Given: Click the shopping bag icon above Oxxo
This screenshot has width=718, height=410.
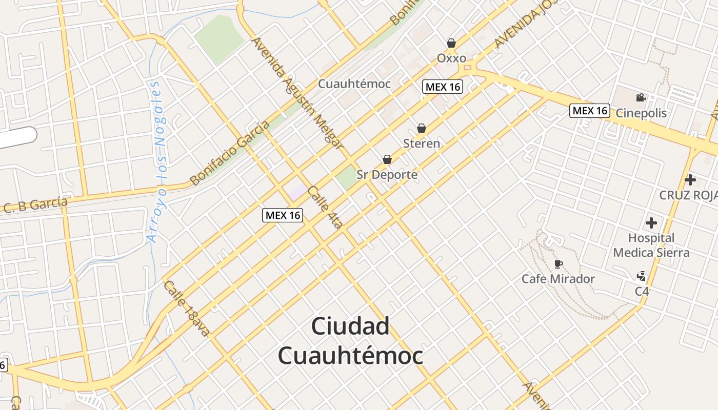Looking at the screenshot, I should [451, 43].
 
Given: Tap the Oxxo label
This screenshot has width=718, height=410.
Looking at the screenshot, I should [451, 58].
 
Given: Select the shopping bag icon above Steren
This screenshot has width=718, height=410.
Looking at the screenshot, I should [422, 128].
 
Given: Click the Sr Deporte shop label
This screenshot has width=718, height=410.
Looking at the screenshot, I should [387, 175].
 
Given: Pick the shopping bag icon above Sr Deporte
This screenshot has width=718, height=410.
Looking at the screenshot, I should [387, 159].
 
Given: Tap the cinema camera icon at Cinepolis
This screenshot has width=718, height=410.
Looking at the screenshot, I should [641, 98].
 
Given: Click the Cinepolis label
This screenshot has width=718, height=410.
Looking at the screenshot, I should [641, 113].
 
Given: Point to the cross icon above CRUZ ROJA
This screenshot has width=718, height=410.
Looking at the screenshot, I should [690, 180].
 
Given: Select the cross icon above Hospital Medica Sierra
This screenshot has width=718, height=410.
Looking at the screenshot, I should [651, 223].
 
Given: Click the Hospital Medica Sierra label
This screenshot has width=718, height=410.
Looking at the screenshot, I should [651, 245].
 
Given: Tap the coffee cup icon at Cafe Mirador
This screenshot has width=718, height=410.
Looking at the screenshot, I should [559, 264].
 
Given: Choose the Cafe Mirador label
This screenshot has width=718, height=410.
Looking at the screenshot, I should [558, 279].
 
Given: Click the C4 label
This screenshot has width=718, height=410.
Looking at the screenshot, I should [642, 291].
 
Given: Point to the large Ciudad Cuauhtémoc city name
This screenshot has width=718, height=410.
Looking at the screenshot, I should [351, 341].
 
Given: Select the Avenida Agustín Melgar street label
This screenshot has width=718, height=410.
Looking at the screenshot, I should [297, 93].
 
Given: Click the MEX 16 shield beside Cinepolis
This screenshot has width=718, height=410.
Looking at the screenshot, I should [590, 110].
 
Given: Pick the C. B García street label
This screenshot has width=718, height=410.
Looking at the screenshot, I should [36, 205].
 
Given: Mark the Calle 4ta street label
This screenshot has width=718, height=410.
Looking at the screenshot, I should [326, 207].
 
